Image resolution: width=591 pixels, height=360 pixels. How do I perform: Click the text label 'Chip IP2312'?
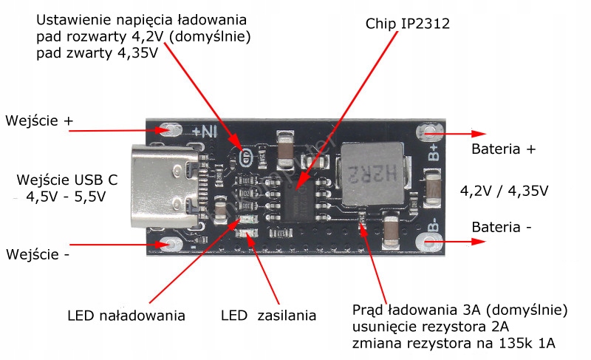coord(407,24)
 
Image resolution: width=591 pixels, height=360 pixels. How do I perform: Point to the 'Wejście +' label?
coord(40,120)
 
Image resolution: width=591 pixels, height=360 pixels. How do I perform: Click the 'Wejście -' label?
coord(38,254)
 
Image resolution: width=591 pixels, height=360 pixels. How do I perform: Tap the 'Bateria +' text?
coord(503,149)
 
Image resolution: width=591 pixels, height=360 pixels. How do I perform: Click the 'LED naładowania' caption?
coord(126,316)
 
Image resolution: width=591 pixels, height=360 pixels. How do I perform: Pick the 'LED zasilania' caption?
coord(268,316)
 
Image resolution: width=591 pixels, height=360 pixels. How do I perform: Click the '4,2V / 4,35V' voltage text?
coord(504,191)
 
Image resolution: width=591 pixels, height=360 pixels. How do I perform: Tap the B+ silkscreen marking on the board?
coord(434,151)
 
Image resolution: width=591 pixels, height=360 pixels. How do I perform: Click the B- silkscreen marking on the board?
coord(434,224)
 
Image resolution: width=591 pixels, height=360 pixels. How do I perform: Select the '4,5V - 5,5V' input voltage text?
coord(66,197)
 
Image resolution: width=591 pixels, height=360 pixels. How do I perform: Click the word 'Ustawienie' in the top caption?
coord(72,18)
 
